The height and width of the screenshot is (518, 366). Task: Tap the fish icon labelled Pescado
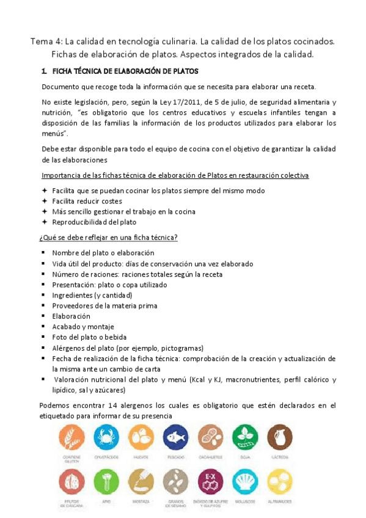[x=176, y=439]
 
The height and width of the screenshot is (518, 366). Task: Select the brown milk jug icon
[x=279, y=439]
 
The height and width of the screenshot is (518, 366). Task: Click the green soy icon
[x=245, y=439]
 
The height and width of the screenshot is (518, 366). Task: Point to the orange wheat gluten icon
[x=71, y=439]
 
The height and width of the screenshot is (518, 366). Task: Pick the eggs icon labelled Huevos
[x=141, y=439]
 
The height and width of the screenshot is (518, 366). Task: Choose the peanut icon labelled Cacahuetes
[x=210, y=439]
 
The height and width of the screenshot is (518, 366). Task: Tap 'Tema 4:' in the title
[x=46, y=42]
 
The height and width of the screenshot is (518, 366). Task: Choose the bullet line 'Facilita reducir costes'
[x=87, y=201]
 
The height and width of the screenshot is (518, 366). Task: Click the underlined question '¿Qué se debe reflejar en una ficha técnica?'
[x=108, y=238]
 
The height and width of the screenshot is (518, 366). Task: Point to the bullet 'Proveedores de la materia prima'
[x=104, y=305]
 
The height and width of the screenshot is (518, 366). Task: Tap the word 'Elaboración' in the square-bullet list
[x=71, y=316]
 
